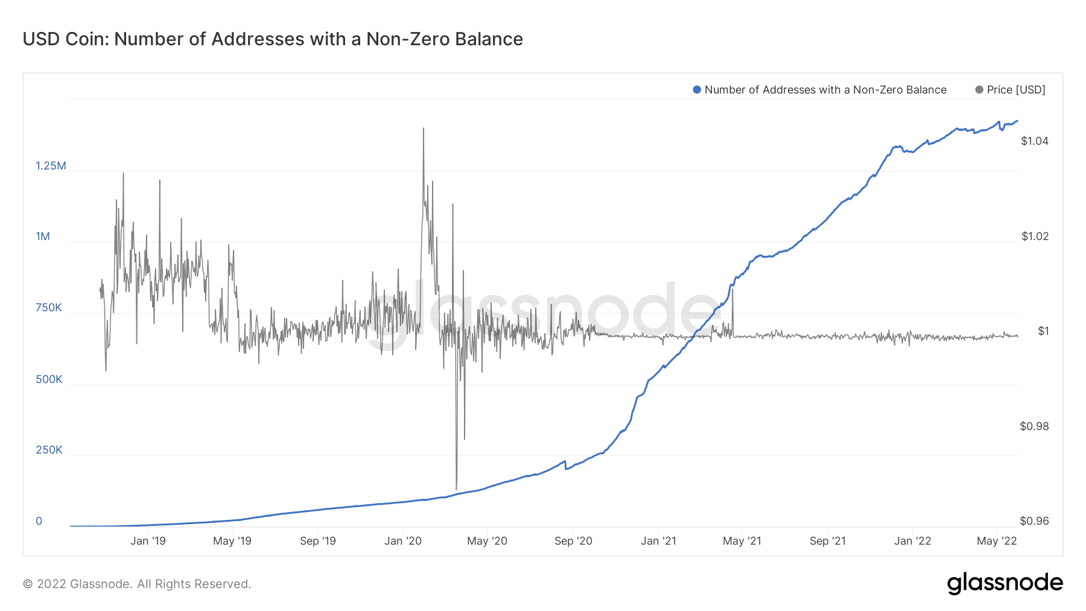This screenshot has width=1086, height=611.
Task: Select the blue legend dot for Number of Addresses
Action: coord(697,90)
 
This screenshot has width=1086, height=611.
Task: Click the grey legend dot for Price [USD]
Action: coord(979,90)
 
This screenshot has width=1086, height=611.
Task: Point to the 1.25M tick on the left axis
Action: coord(51,166)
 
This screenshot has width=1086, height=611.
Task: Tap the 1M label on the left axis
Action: coord(43,236)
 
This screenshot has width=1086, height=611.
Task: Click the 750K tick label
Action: coord(49,308)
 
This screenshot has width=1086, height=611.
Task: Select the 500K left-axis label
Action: coord(49,379)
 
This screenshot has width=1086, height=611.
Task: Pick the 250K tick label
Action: coord(49,450)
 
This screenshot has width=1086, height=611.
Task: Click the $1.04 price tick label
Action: coord(1035,141)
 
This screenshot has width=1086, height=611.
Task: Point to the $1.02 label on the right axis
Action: coord(1035,236)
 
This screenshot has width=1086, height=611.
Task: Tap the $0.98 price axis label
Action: coord(1034,426)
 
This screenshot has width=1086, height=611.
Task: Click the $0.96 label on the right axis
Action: coord(1034,521)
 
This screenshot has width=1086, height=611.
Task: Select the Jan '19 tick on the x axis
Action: coord(148,541)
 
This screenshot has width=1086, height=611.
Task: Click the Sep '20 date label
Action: coord(573,541)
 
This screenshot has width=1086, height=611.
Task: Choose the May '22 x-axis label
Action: coord(997,541)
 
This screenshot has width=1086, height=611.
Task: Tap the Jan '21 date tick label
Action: coord(658,541)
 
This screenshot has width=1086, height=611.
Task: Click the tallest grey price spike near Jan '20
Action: coord(424,129)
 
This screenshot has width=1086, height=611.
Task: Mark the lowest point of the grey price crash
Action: coord(456,489)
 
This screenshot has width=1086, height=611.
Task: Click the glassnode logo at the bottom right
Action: coord(1005,583)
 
